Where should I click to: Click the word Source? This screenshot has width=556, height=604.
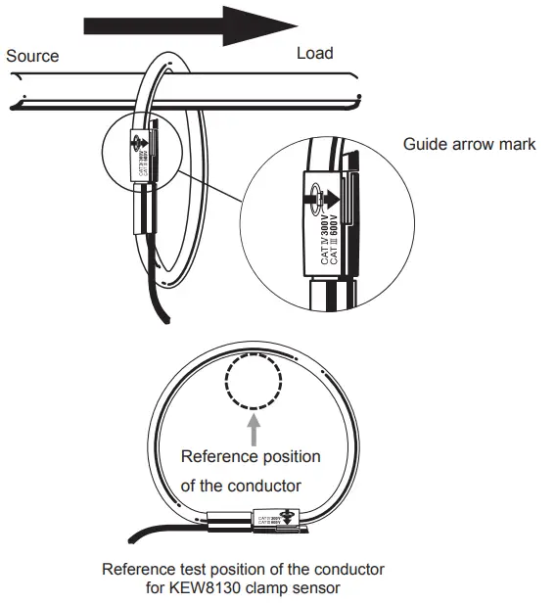coord(32,56)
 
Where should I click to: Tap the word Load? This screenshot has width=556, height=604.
coord(314,53)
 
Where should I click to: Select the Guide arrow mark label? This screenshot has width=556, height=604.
coord(469,144)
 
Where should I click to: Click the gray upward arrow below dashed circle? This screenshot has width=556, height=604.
coord(253,427)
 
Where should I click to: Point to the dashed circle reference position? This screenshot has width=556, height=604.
coord(253,381)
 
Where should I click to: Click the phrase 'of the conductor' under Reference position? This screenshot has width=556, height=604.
coord(240,487)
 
